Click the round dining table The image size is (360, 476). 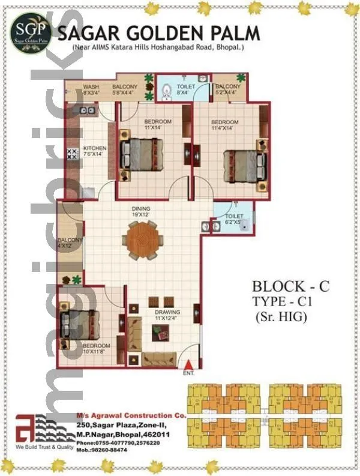coord(142,238)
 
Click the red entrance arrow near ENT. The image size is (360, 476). coord(190,364)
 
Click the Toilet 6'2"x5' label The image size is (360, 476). coord(234,218)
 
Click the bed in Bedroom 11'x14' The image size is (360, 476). coord(142,155)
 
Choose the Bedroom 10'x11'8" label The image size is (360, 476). coord(97,349)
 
